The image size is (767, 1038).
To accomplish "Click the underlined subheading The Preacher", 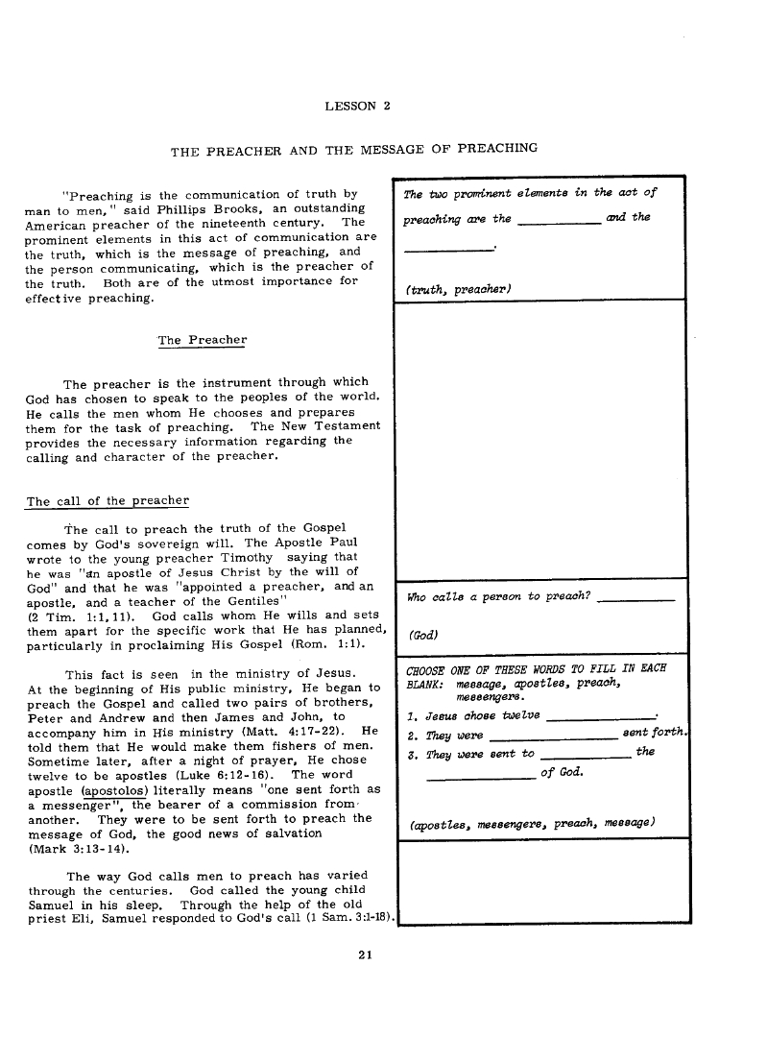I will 202,340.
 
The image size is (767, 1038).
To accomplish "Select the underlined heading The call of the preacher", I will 108,501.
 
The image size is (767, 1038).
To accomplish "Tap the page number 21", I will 363,954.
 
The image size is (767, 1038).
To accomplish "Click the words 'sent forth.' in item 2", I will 653,735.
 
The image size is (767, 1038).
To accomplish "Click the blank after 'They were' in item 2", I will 552,736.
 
